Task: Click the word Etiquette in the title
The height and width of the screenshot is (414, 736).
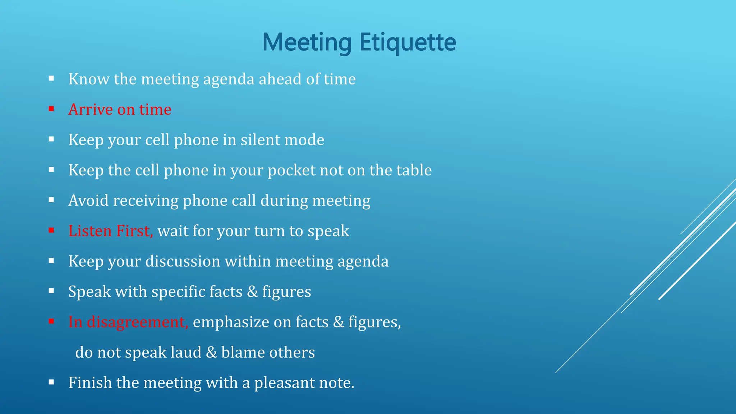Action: tap(408, 42)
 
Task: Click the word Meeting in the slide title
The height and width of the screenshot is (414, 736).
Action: tap(307, 42)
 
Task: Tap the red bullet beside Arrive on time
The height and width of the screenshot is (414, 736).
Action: tap(51, 109)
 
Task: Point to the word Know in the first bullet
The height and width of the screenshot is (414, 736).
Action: tap(89, 79)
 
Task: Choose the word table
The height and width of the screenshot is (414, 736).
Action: tap(414, 170)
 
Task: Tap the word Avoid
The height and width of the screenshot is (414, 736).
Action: tap(88, 201)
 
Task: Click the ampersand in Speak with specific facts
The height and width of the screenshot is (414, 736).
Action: tap(253, 291)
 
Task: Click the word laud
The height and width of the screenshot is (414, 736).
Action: tap(186, 352)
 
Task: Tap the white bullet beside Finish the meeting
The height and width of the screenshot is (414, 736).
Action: tap(51, 382)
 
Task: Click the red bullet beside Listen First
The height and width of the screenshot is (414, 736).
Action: tap(51, 230)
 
